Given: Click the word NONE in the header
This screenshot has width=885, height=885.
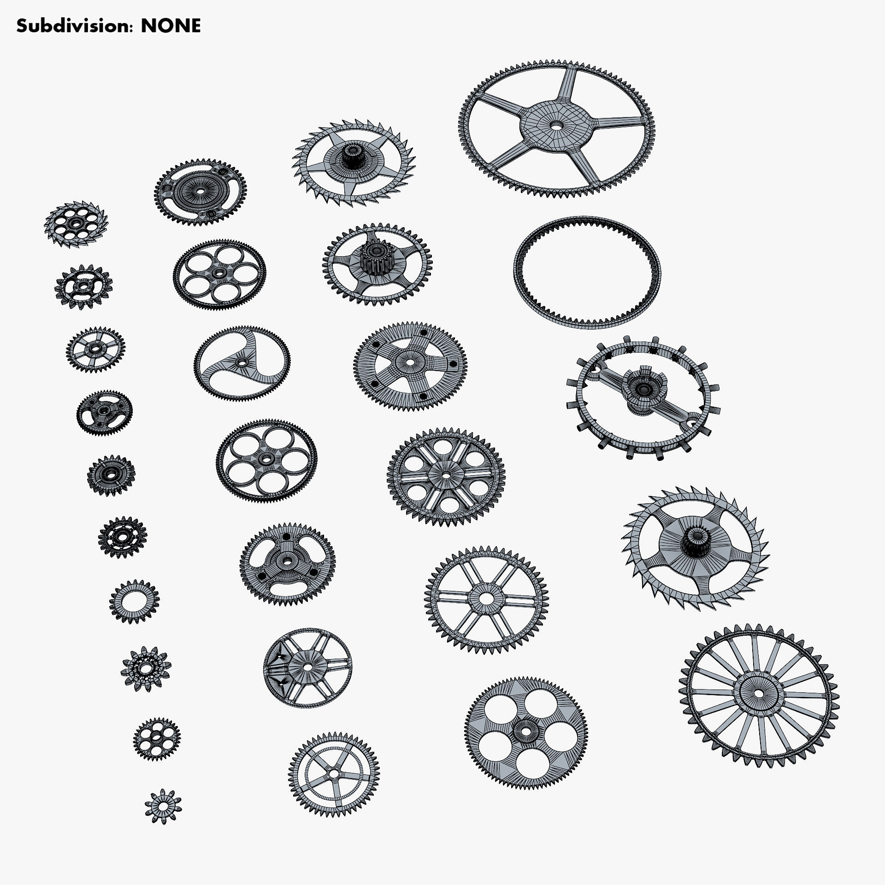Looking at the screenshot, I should [171, 26].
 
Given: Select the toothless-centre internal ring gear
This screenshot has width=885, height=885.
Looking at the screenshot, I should [586, 272].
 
